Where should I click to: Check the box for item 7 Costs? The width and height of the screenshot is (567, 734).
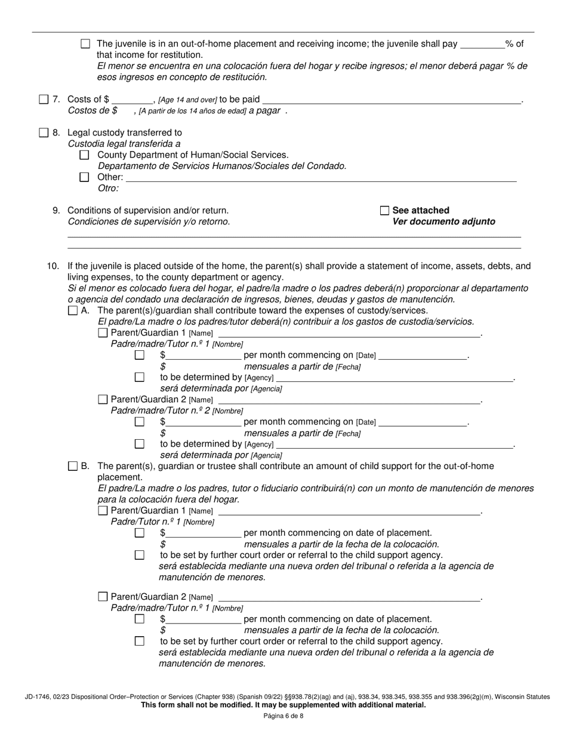44,100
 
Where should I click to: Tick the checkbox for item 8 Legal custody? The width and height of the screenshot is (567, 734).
44,132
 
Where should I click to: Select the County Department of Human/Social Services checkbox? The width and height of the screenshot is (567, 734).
84,155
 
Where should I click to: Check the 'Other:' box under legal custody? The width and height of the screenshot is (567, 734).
84,177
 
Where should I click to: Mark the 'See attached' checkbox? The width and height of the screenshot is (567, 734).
384,211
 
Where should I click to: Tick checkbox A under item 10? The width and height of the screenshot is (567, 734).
73,310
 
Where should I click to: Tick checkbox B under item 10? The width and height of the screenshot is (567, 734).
73,466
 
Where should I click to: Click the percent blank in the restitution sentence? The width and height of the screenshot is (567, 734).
483,44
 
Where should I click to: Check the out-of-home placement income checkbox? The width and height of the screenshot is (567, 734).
85,44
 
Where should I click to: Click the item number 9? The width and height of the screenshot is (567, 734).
56,211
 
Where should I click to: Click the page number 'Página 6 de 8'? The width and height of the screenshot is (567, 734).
283,716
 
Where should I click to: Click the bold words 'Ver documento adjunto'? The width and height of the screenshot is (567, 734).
443,221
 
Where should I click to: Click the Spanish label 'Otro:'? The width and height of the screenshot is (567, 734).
108,189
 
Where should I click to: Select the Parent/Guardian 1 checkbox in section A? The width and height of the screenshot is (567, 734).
103,332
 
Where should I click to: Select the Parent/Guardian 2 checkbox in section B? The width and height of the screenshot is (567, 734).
103,596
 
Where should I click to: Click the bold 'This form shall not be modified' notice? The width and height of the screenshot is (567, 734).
283,705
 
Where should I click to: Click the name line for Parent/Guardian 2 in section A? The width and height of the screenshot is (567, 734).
349,400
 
